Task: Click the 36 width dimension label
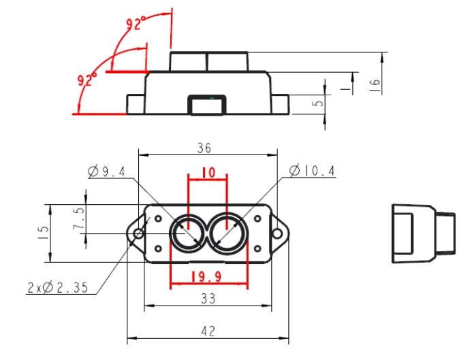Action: [205, 148]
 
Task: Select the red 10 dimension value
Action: [208, 174]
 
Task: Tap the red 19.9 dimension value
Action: [208, 278]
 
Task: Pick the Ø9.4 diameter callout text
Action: [107, 172]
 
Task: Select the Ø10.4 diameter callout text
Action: [313, 171]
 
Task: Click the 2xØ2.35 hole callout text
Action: [57, 288]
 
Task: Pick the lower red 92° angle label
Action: [88, 80]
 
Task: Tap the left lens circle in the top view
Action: [186, 233]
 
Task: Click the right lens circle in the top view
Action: [225, 233]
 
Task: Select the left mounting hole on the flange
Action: [138, 233]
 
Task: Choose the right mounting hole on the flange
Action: [278, 233]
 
